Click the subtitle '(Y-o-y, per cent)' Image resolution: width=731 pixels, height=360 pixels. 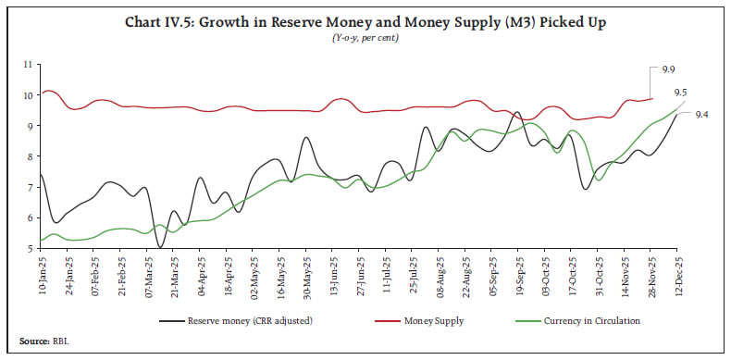365,38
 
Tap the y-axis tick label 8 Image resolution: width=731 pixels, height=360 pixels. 27,156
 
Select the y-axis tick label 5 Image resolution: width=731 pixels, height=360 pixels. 27,248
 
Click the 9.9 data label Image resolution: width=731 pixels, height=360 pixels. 669,69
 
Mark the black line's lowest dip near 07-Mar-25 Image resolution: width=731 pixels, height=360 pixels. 161,247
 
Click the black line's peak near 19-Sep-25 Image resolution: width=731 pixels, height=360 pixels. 517,113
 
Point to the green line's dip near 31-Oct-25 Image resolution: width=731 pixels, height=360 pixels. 600,180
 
